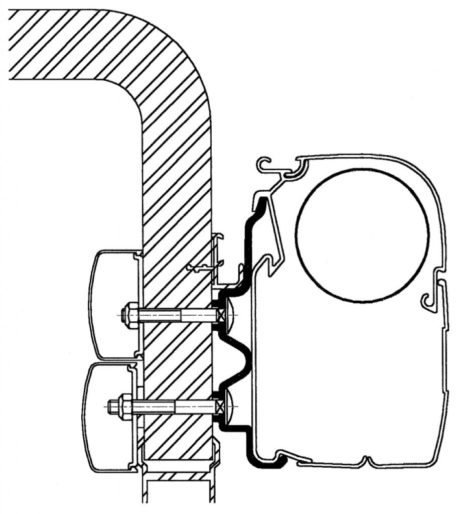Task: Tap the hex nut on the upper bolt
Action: (132, 315)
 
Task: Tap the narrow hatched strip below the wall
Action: (178, 475)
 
